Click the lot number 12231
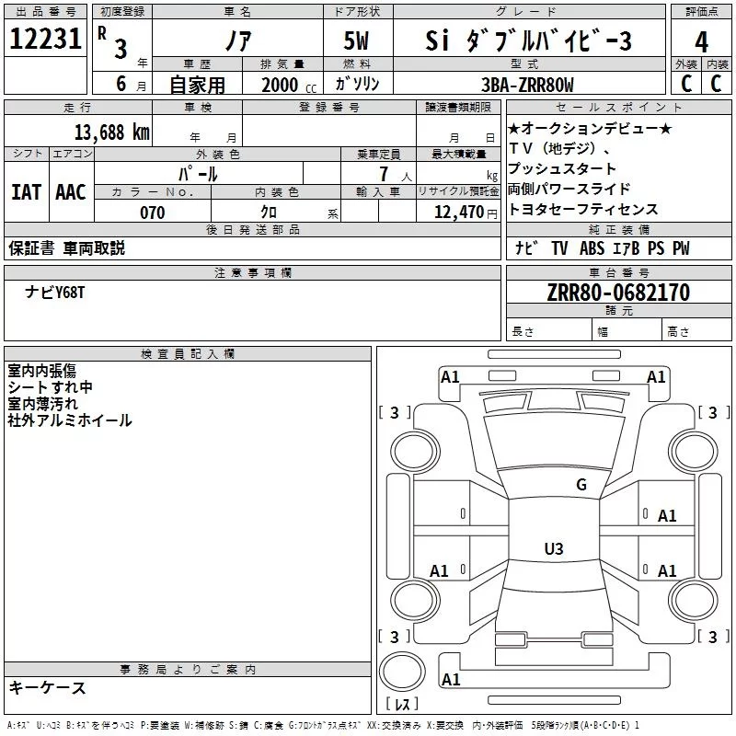(46, 40)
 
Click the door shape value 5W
(357, 41)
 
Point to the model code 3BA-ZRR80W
(526, 85)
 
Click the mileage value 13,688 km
(110, 132)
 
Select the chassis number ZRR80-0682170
(617, 293)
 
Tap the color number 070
(152, 213)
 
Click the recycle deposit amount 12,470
(458, 213)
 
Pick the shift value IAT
(26, 192)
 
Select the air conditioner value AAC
(70, 192)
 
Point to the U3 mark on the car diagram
(553, 549)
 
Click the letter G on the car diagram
(581, 485)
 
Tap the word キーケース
(47, 688)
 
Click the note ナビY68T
(55, 292)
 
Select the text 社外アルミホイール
(70, 420)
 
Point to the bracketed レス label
(402, 705)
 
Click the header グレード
(526, 12)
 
